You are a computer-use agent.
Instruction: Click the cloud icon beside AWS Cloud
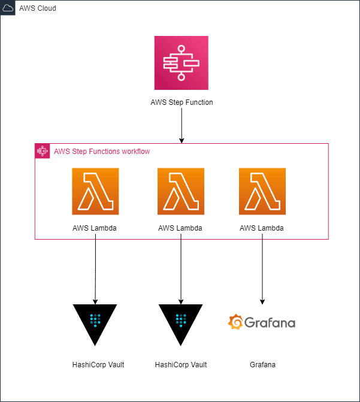click(8, 8)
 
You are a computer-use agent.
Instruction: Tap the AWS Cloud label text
click(38, 8)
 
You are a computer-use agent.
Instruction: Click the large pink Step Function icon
click(181, 63)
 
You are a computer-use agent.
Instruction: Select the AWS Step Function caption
click(181, 102)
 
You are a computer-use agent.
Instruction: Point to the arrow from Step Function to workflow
click(181, 125)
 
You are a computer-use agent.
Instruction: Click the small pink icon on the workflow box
click(43, 151)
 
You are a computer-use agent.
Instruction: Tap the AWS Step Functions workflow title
click(102, 151)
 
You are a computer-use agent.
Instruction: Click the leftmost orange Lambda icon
click(95, 191)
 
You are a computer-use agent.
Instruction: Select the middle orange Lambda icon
click(181, 191)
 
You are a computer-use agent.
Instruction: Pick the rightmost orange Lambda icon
click(262, 191)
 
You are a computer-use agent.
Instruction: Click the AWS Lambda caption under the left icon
click(95, 228)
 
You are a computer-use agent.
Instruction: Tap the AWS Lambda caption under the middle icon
click(180, 228)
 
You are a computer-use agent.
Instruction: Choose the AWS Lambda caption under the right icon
click(262, 228)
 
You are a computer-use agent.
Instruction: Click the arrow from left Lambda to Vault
click(95, 269)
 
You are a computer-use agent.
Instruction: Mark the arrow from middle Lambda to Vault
click(181, 269)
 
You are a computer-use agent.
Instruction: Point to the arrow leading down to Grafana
click(262, 269)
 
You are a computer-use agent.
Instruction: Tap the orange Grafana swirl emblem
click(235, 322)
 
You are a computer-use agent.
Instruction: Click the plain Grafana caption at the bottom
click(262, 365)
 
